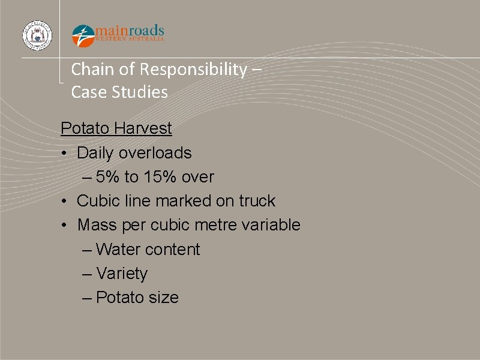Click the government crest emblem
coord(37,35)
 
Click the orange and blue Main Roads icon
coord(83,36)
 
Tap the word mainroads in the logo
coord(130,30)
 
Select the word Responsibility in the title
coord(193,70)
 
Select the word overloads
coord(155,153)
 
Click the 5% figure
coord(109,177)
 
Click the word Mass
coord(97,225)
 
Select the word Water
coord(116,250)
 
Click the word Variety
coord(121,274)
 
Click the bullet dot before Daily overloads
coord(64,154)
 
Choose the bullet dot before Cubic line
coord(64,202)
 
